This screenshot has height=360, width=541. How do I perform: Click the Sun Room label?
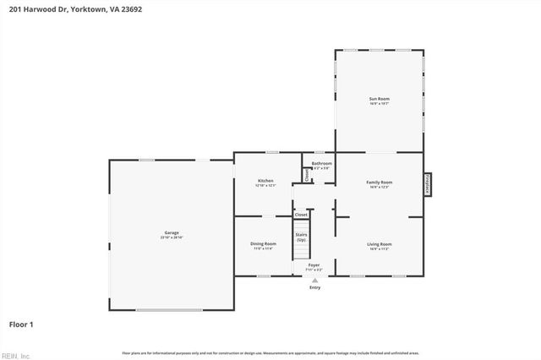pyautogui.click(x=379, y=100)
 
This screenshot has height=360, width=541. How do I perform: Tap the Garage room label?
pyautogui.click(x=172, y=232)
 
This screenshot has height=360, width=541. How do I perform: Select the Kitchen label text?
pyautogui.click(x=265, y=181)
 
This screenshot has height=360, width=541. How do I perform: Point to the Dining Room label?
pyautogui.click(x=263, y=243)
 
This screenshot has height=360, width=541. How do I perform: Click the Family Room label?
pyautogui.click(x=379, y=182)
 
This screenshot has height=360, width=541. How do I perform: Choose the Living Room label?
pyautogui.click(x=379, y=244)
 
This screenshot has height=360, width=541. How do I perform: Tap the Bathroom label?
pyautogui.click(x=321, y=163)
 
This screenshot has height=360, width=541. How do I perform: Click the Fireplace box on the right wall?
pyautogui.click(x=428, y=184)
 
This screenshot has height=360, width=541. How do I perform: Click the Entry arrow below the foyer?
pyautogui.click(x=314, y=280)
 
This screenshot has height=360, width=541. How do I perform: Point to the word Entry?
pyautogui.click(x=314, y=287)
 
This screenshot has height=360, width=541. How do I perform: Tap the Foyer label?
pyautogui.click(x=314, y=265)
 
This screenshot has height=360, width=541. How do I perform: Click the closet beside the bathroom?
pyautogui.click(x=307, y=175)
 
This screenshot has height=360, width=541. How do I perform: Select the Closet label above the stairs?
pyautogui.click(x=301, y=215)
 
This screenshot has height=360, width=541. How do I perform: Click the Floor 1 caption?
pyautogui.click(x=21, y=324)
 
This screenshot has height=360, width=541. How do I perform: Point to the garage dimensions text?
pyautogui.click(x=172, y=237)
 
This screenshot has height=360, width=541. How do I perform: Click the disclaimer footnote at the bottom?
pyautogui.click(x=270, y=352)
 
